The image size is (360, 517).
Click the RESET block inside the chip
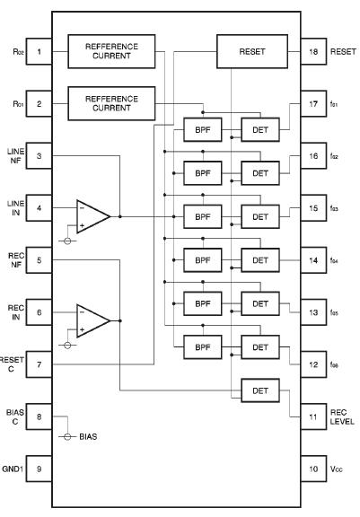[x=252, y=51]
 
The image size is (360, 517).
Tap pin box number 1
[x=40, y=51]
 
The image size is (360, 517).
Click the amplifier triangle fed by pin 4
[x=92, y=215]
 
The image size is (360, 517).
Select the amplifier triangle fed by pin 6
[x=92, y=320]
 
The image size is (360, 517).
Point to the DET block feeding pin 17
[x=260, y=129]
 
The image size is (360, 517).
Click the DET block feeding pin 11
[x=260, y=390]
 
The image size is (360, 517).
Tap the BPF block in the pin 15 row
[x=202, y=216]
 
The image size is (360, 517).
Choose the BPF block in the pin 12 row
[x=202, y=346]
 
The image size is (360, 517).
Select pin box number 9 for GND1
[x=40, y=469]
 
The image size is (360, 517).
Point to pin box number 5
[x=40, y=259]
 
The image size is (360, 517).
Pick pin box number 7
[x=40, y=364]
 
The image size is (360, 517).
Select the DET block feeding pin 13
[x=260, y=303]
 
